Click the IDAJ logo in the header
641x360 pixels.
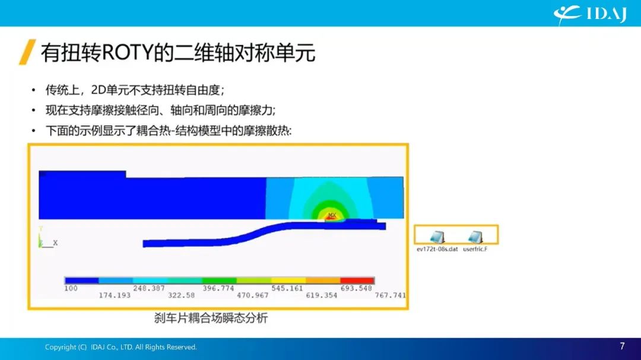pos(590,14)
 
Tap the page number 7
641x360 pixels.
pos(622,346)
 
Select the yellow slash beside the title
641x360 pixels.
pos(27,52)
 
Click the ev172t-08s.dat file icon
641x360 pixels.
pos(437,237)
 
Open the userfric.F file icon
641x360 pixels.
pos(475,237)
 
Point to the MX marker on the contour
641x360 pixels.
pos(332,215)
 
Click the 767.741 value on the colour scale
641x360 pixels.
pos(391,295)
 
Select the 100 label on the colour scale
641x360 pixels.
pos(71,288)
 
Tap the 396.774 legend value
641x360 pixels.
pos(218,288)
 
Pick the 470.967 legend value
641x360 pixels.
pos(253,295)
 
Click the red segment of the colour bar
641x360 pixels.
pos(357,281)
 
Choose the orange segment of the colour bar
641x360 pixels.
pos(323,281)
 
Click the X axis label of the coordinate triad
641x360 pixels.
pos(55,243)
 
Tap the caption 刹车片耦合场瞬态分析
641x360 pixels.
pos(211,318)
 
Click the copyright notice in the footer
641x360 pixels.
pos(120,347)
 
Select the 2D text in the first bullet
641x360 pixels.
pos(98,90)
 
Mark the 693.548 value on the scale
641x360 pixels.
pos(356,288)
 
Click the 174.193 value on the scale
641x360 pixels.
pos(115,295)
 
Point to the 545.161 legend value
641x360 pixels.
pos(287,288)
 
